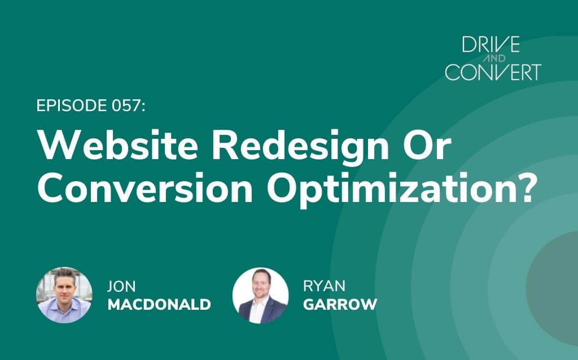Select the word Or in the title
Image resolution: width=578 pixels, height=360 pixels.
(x=427, y=145)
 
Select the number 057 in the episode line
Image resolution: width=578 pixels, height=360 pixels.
(x=129, y=106)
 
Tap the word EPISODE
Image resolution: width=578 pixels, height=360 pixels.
(x=72, y=106)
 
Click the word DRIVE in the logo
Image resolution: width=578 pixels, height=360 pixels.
(x=491, y=44)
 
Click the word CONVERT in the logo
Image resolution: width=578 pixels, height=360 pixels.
(x=493, y=72)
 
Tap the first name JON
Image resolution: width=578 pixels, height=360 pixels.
(x=121, y=286)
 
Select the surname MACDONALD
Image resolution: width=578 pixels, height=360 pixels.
(x=159, y=305)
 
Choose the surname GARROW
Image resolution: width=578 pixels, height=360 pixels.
(x=340, y=305)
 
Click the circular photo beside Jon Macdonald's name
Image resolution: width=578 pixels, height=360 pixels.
(x=64, y=295)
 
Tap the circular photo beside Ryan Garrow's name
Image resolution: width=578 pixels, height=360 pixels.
(x=261, y=296)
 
